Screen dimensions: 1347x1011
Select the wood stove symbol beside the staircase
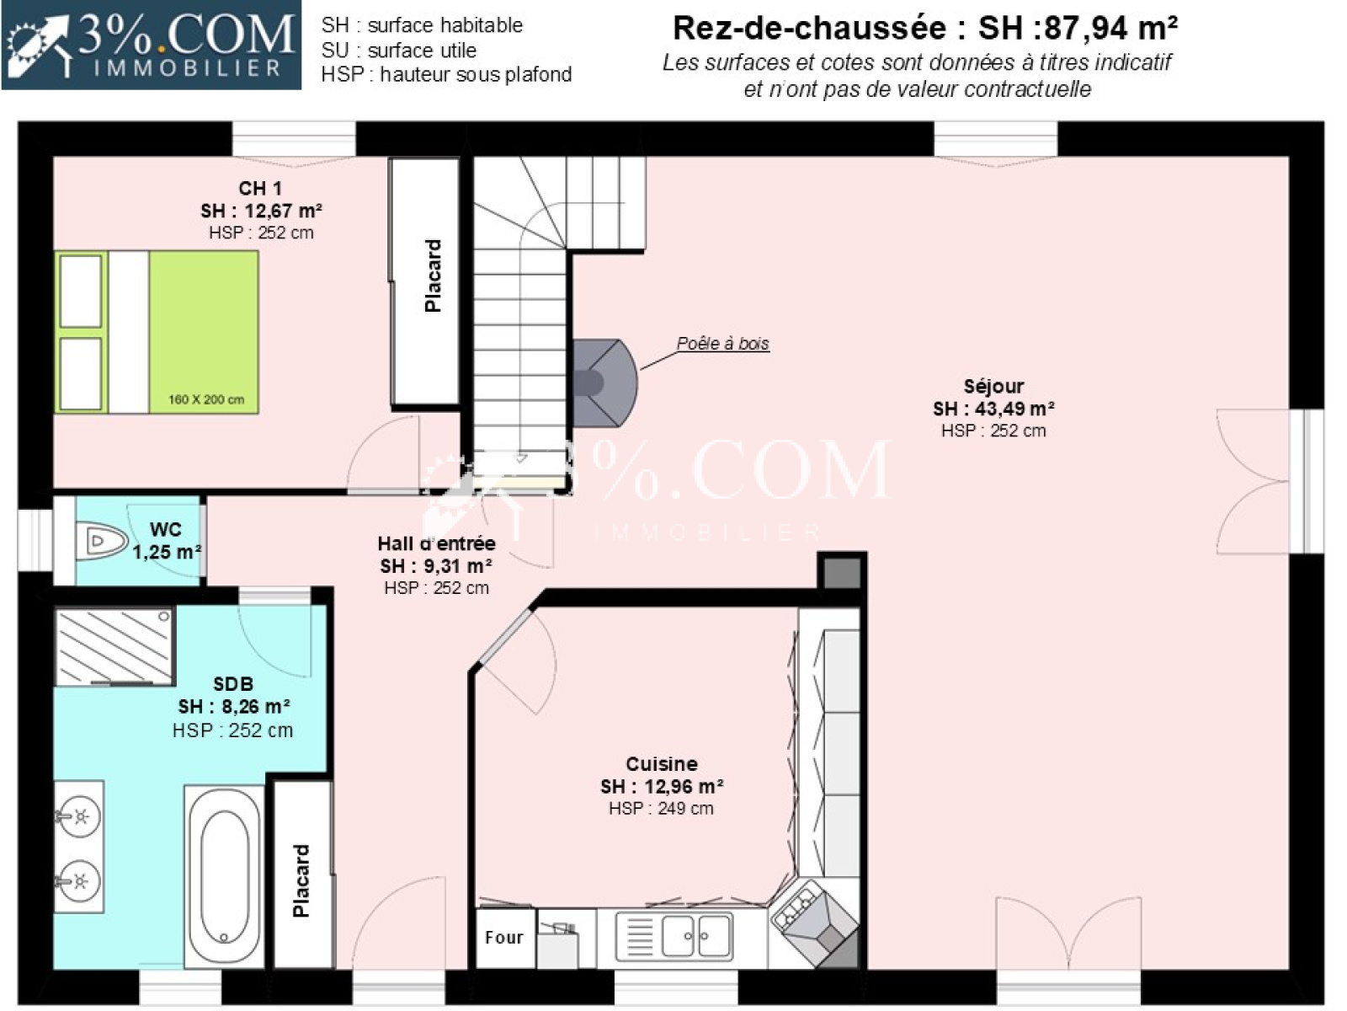coord(605,382)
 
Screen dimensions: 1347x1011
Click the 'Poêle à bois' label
coord(722,343)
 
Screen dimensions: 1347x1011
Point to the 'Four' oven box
coord(505,938)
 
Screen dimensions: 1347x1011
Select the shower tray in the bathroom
coord(114,646)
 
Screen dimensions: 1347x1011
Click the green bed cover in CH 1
coord(203,331)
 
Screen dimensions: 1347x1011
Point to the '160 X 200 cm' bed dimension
coord(206,399)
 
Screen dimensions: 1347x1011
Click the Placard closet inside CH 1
coord(424,281)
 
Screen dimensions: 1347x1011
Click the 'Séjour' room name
coord(993,386)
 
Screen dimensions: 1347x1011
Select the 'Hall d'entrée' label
coord(436,543)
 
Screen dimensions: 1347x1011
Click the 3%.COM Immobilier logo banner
coord(152,45)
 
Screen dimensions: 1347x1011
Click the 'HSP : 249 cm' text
coord(661,809)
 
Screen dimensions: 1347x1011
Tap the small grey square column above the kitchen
coord(841,573)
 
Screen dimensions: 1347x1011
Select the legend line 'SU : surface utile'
coord(399,50)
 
